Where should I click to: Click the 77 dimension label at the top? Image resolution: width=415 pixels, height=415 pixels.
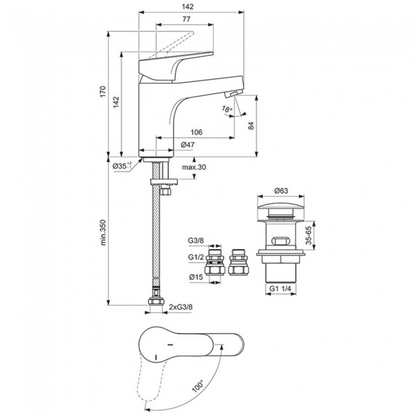click(186, 19)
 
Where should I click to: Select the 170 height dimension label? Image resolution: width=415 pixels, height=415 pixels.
click(103, 91)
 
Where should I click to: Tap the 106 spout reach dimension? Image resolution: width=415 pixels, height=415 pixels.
click(197, 132)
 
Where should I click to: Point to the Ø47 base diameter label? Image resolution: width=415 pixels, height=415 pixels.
click(188, 144)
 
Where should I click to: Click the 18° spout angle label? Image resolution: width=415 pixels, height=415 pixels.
click(227, 109)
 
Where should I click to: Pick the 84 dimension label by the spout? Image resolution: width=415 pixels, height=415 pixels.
click(251, 125)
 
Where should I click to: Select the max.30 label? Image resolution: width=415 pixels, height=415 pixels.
click(194, 167)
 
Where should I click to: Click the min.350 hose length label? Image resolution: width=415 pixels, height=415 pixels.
click(103, 232)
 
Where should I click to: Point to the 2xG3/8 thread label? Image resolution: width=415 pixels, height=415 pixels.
click(181, 307)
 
